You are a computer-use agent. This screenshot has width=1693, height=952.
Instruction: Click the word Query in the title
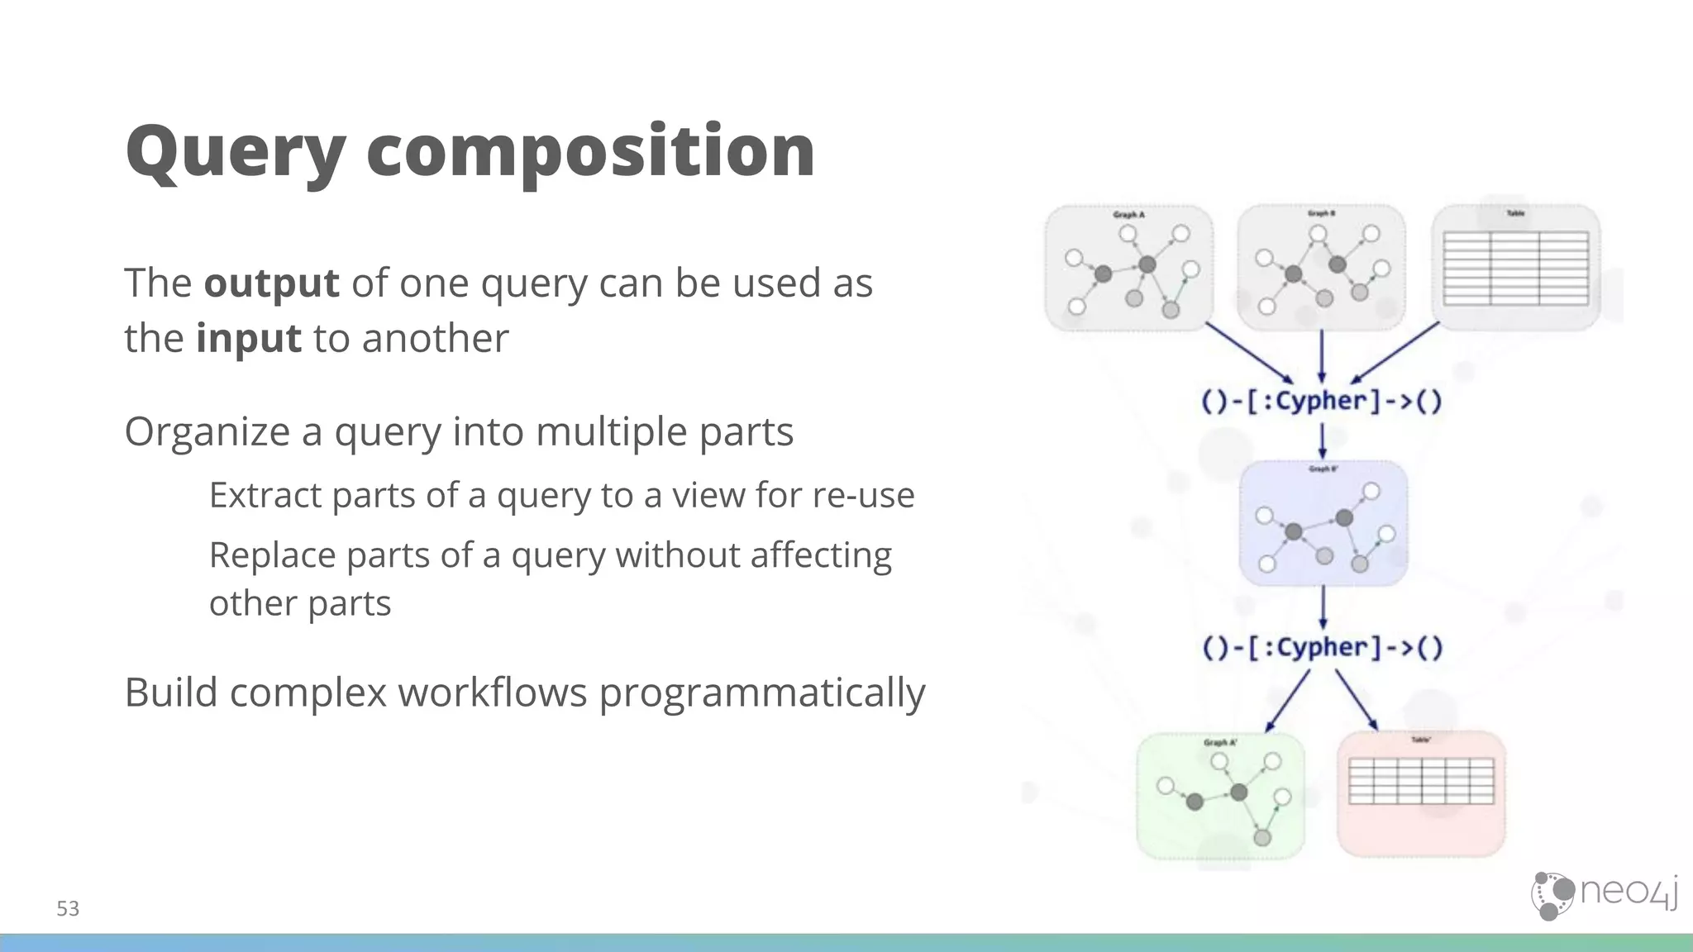pyautogui.click(x=235, y=153)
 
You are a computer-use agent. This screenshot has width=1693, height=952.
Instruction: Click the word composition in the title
pyautogui.click(x=590, y=153)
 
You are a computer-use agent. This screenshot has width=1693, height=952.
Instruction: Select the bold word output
pyautogui.click(x=271, y=283)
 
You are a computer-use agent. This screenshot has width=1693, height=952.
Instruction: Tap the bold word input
pyautogui.click(x=248, y=339)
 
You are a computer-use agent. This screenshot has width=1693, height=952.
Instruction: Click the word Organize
pyautogui.click(x=207, y=432)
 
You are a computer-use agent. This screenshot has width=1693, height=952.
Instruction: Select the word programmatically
pyautogui.click(x=761, y=693)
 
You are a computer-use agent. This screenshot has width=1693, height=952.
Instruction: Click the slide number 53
pyautogui.click(x=68, y=909)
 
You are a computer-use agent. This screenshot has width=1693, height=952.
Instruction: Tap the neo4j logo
pyautogui.click(x=1604, y=895)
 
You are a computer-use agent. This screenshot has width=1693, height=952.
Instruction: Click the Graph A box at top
pyautogui.click(x=1128, y=269)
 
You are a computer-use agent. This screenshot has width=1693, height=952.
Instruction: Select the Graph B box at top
pyautogui.click(x=1321, y=269)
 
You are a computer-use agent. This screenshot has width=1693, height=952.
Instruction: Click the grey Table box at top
pyautogui.click(x=1515, y=269)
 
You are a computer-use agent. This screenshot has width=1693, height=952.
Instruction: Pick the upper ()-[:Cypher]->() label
pyautogui.click(x=1321, y=402)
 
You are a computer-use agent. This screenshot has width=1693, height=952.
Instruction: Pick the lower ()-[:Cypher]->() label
pyautogui.click(x=1323, y=648)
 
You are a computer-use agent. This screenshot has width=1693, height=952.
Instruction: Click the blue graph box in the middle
pyautogui.click(x=1323, y=524)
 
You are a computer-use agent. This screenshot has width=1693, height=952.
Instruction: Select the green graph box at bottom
pyautogui.click(x=1220, y=796)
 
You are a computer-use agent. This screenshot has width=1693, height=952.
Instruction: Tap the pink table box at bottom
pyautogui.click(x=1421, y=793)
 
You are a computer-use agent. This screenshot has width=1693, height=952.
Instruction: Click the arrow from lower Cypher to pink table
pyautogui.click(x=1357, y=700)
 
